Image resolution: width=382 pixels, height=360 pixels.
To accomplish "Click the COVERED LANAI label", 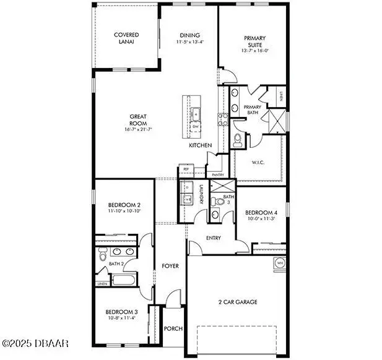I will (126, 38).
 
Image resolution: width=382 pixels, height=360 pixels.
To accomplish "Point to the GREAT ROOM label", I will (137, 119).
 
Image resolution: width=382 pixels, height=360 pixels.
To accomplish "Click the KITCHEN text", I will (201, 145).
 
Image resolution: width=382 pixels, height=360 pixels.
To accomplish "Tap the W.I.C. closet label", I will (258, 162).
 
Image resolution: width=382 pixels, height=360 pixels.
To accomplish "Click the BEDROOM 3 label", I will (121, 314).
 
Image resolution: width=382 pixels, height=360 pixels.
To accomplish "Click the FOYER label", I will (170, 266).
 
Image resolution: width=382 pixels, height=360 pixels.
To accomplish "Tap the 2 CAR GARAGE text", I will (237, 302).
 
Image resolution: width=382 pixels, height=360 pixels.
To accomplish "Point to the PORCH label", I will (173, 328).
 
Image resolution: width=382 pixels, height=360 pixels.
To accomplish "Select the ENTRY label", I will (213, 238).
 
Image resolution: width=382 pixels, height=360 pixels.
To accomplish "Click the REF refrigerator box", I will (184, 169).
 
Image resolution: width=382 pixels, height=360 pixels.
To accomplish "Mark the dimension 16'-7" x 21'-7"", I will (137, 129).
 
